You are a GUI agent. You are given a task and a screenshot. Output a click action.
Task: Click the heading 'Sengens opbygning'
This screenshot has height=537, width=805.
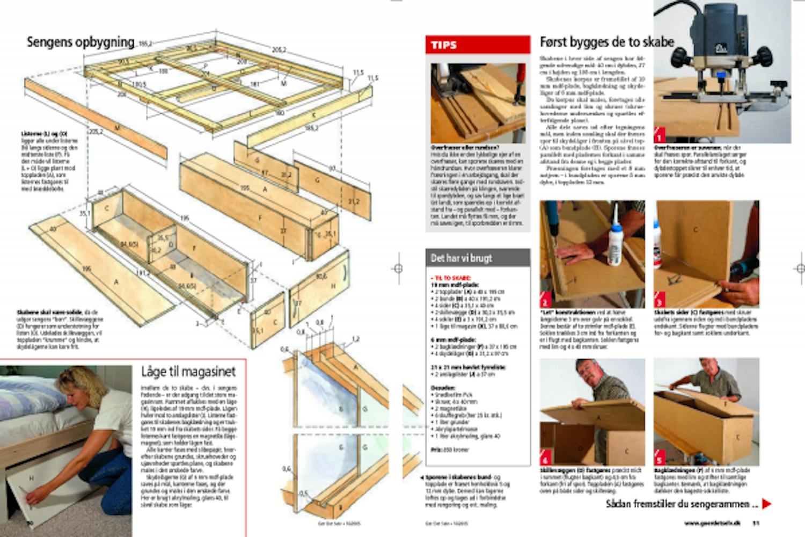(80, 42)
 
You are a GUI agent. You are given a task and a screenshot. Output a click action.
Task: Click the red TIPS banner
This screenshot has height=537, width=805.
(478, 45)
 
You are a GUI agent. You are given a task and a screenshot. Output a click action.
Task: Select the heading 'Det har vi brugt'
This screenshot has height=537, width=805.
(462, 258)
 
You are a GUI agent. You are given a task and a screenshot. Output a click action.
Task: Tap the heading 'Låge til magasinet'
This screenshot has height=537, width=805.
(188, 372)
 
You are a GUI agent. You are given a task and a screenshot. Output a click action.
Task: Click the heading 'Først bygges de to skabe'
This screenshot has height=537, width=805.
(606, 42)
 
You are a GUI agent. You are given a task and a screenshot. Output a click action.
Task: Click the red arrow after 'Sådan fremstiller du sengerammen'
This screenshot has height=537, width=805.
(767, 504)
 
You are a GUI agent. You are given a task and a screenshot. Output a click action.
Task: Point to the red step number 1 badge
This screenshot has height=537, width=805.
(660, 135)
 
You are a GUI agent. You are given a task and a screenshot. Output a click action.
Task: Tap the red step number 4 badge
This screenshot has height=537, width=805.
(545, 458)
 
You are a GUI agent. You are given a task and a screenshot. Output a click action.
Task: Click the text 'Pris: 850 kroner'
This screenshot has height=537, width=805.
(450, 449)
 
